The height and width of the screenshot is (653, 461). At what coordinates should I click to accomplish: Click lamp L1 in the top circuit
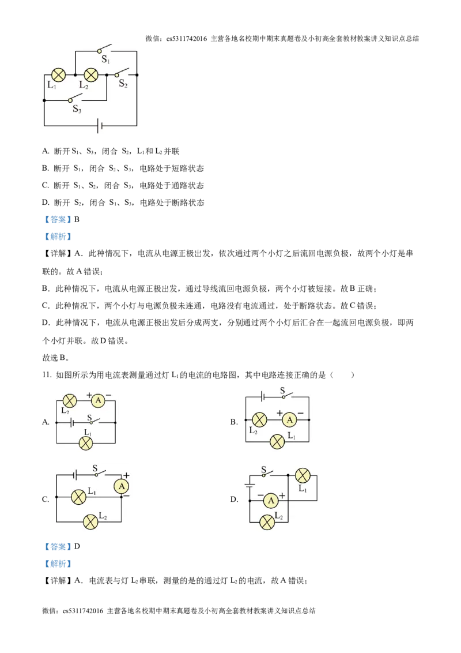tap(58, 75)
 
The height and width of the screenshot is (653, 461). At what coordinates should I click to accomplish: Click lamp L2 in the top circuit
tap(91, 75)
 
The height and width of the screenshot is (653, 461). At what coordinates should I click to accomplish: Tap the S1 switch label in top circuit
tap(105, 59)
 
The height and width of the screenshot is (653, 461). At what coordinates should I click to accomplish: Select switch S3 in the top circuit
tap(75, 98)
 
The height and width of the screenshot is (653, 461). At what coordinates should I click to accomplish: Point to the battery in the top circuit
tap(99, 125)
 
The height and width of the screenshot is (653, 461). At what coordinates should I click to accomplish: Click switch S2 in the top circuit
tap(122, 73)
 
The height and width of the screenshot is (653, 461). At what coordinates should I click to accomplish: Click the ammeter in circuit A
tap(98, 401)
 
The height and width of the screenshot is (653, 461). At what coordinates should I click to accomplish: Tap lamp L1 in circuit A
tap(86, 443)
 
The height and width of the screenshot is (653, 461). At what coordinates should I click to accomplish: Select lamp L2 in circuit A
tap(70, 401)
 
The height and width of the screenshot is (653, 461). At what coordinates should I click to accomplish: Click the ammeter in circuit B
tap(290, 420)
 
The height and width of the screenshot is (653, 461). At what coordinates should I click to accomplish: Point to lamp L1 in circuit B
tap(277, 441)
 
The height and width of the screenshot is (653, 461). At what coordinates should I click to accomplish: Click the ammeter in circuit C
tap(122, 486)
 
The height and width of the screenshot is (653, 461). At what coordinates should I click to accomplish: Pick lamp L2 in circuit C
tap(90, 522)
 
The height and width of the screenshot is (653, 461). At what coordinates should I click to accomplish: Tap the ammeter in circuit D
tap(271, 500)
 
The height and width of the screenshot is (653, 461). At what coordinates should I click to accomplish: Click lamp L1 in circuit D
tap(303, 475)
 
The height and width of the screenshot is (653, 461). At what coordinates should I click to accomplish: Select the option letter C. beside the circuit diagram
tap(46, 500)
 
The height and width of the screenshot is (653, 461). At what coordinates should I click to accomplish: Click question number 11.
tap(47, 375)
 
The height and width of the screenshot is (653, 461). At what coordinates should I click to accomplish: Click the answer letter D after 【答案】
tap(77, 546)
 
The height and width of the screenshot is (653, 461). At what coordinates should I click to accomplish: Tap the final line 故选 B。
tap(56, 358)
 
